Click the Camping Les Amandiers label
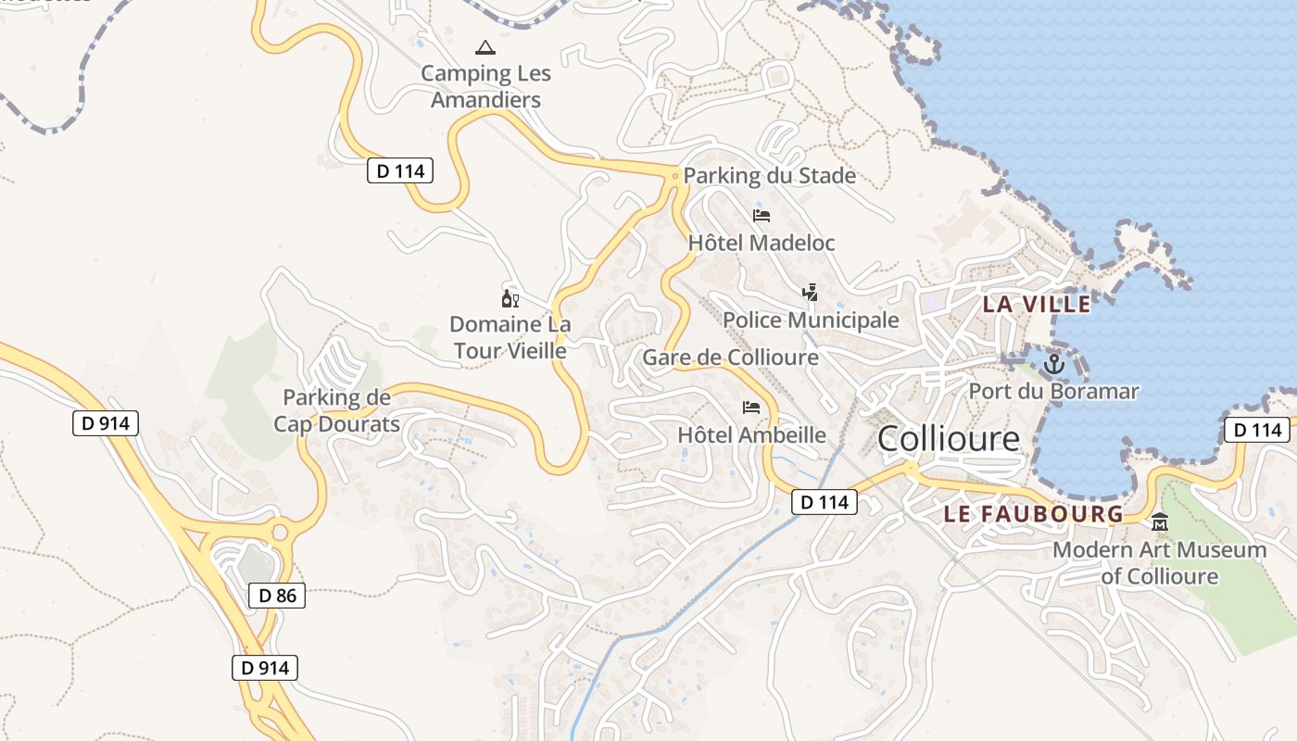(x=486, y=86)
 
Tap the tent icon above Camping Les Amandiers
(x=485, y=47)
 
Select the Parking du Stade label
(x=769, y=175)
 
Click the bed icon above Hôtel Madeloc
(x=762, y=216)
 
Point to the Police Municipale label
(x=811, y=320)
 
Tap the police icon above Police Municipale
(x=811, y=293)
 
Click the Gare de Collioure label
(x=730, y=358)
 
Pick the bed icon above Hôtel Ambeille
(x=751, y=408)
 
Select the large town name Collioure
(x=948, y=439)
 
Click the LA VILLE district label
(x=1036, y=304)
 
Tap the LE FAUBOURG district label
(x=1033, y=514)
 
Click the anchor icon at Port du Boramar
(x=1053, y=364)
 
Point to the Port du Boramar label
(x=1053, y=391)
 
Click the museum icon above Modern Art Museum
(x=1159, y=523)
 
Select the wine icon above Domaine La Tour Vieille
(x=510, y=298)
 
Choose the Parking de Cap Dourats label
(x=336, y=411)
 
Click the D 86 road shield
(x=277, y=596)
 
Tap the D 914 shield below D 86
(x=264, y=668)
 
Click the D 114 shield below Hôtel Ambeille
(x=824, y=503)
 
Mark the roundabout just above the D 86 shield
(x=279, y=533)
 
